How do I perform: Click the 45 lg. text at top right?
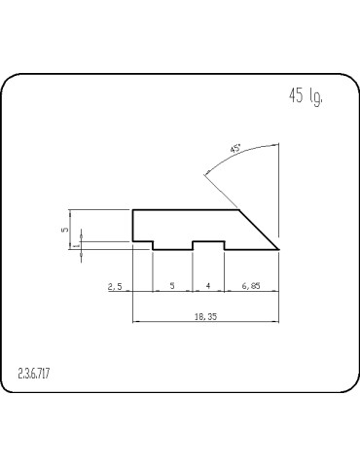click(306, 95)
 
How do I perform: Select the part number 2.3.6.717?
click(34, 374)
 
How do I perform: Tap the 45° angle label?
click(234, 149)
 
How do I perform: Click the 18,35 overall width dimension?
click(205, 315)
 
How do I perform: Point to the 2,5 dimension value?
click(115, 286)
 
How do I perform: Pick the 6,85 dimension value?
click(251, 286)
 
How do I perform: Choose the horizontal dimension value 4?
click(208, 286)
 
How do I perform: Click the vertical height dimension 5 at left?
click(64, 230)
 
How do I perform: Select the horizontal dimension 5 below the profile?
click(172, 286)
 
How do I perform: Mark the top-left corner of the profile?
click(132, 209)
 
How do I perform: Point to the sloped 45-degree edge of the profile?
click(260, 229)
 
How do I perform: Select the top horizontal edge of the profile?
click(185, 209)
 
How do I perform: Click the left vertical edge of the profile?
click(132, 225)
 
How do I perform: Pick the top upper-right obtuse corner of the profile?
click(239, 209)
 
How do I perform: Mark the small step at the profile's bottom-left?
click(152, 242)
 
